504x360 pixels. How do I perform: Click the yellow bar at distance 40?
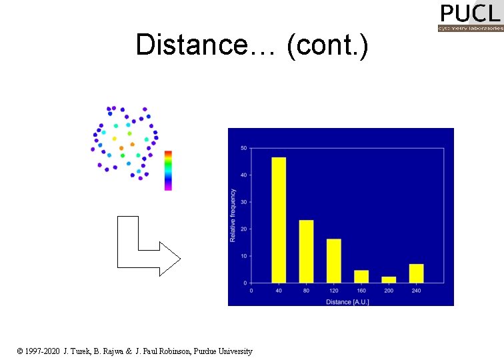[279, 220]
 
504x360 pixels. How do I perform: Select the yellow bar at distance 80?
[306, 251]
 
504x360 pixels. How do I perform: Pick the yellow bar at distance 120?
[334, 261]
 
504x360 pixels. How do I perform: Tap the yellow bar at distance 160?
[361, 276]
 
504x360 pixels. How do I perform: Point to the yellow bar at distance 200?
[389, 279]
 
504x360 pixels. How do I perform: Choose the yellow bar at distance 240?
[416, 273]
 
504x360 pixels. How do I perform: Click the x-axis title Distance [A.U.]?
[347, 302]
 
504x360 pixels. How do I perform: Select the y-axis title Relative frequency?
[233, 215]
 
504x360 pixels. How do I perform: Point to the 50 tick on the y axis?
[243, 148]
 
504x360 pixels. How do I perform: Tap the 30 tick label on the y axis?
[243, 202]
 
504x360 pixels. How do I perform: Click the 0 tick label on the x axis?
[251, 290]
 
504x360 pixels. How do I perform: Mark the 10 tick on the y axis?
[243, 256]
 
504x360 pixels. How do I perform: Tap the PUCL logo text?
[470, 13]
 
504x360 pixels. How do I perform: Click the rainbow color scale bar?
[168, 170]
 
